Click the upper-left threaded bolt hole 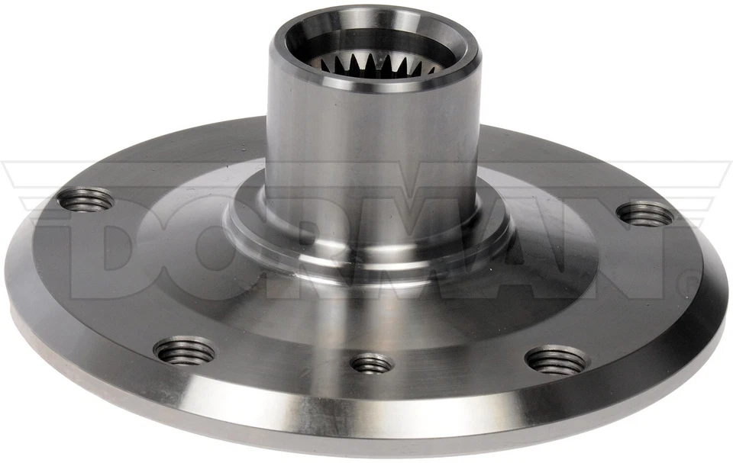pyautogui.click(x=85, y=201)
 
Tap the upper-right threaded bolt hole pyautogui.click(x=646, y=214)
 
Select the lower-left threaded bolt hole pyautogui.click(x=184, y=351)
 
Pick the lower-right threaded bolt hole pyautogui.click(x=557, y=360)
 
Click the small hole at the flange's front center pyautogui.click(x=372, y=364)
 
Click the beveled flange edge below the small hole pyautogui.click(x=372, y=408)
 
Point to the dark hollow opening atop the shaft pyautogui.click(x=374, y=46)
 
